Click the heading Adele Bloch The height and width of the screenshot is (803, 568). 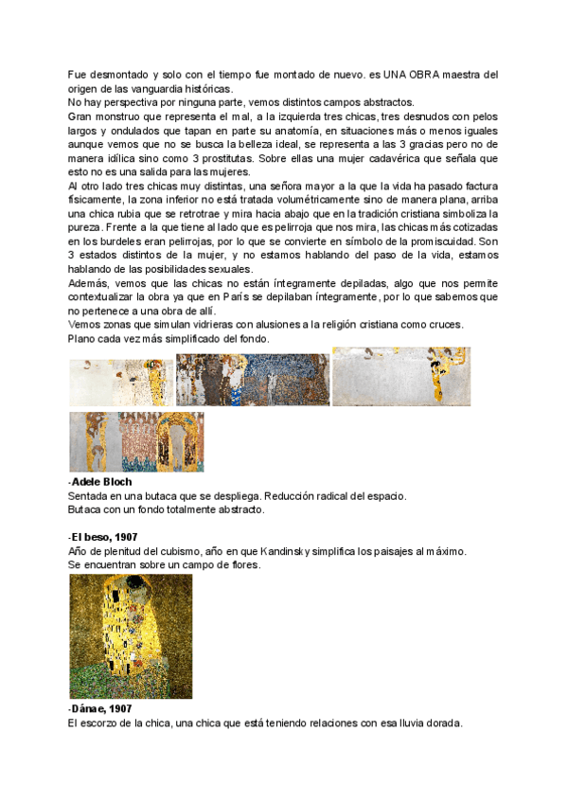[x=102, y=482]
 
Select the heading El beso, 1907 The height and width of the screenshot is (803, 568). [x=104, y=538]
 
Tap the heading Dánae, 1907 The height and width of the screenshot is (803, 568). [x=101, y=708]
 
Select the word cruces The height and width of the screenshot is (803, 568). [x=444, y=324]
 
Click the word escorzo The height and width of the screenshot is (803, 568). [x=104, y=723]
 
